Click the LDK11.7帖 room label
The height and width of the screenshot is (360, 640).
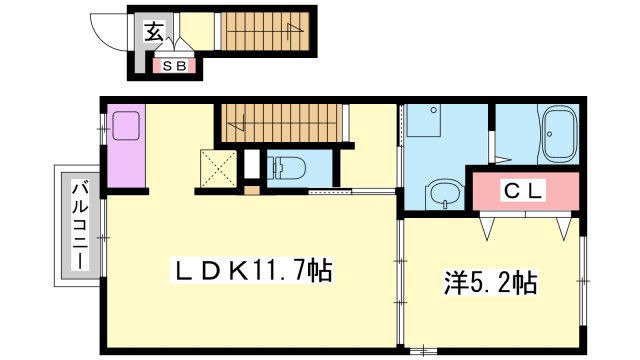(x=253, y=270)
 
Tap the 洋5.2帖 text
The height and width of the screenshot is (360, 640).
(x=489, y=283)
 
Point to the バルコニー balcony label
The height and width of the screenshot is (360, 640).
(x=77, y=227)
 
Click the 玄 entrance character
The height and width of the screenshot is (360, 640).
(x=153, y=31)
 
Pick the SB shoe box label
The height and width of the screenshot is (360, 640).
(x=175, y=67)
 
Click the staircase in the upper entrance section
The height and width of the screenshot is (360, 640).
(x=265, y=31)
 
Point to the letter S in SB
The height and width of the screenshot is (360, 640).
(x=168, y=67)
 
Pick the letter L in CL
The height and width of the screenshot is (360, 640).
(x=535, y=191)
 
